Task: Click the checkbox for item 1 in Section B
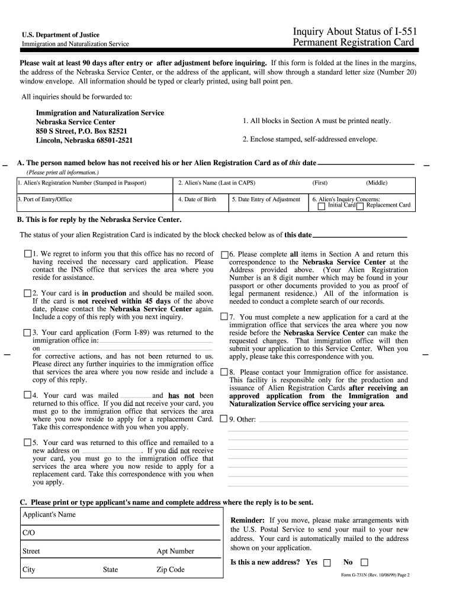pyautogui.click(x=28, y=253)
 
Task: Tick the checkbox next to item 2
pyautogui.click(x=28, y=293)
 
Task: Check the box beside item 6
pyautogui.click(x=224, y=254)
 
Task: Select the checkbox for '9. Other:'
pyautogui.click(x=224, y=420)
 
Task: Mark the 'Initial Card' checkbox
pyautogui.click(x=322, y=206)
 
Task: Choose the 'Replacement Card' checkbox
pyautogui.click(x=360, y=206)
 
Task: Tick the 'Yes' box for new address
pyautogui.click(x=327, y=562)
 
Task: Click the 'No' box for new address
pyautogui.click(x=364, y=562)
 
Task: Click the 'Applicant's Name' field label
pyautogui.click(x=49, y=514)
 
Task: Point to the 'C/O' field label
pyautogui.click(x=29, y=533)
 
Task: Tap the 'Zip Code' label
pyautogui.click(x=171, y=569)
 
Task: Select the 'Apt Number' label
pyautogui.click(x=175, y=551)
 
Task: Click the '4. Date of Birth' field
pyautogui.click(x=197, y=199)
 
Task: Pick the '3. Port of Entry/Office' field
pyautogui.click(x=45, y=199)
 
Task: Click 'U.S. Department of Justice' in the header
pyautogui.click(x=61, y=35)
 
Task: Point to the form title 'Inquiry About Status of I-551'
pyautogui.click(x=353, y=31)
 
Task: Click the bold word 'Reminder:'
pyautogui.click(x=247, y=520)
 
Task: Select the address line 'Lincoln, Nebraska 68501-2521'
pyautogui.click(x=85, y=140)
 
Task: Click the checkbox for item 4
pyautogui.click(x=28, y=395)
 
